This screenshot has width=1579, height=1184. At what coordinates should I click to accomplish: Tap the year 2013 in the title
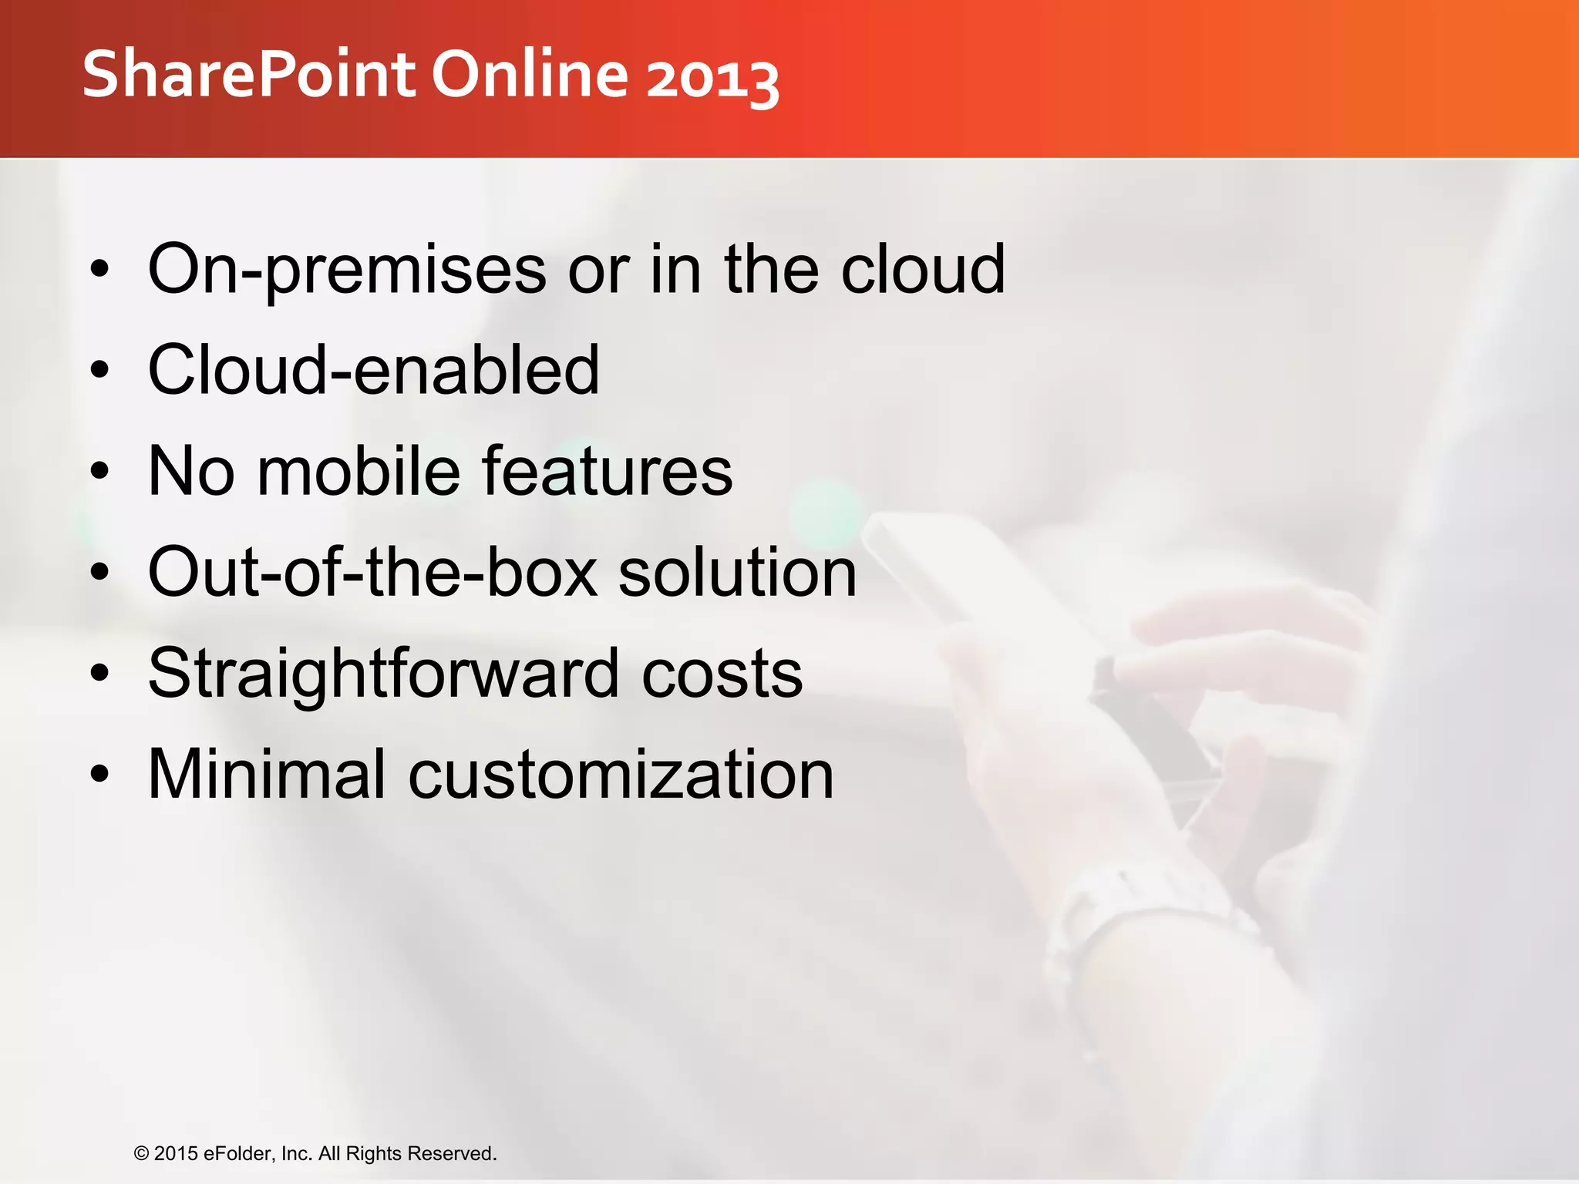pyautogui.click(x=712, y=78)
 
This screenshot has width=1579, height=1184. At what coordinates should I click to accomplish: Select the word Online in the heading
pyautogui.click(x=530, y=75)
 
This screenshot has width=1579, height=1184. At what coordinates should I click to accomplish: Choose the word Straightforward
pyautogui.click(x=384, y=674)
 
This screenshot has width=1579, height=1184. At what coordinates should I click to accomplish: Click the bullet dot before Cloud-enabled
pyautogui.click(x=99, y=371)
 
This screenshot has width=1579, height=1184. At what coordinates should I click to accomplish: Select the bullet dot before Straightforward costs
pyautogui.click(x=99, y=674)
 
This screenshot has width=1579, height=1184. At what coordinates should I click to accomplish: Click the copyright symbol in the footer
pyautogui.click(x=141, y=1154)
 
